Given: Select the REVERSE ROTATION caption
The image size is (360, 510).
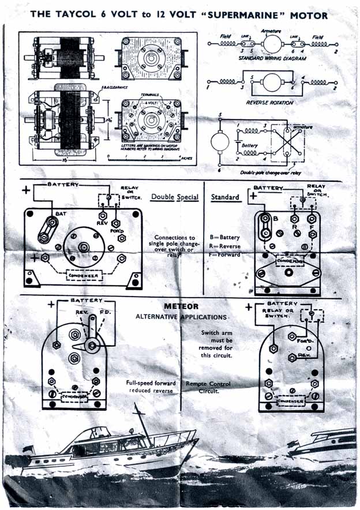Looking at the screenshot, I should click(270, 102).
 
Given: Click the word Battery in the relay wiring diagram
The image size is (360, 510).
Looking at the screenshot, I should click(250, 145).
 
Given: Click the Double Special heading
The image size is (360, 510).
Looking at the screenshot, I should click(175, 197).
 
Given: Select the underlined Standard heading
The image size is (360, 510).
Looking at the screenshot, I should click(225, 197).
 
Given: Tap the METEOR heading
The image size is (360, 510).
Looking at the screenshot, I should click(181, 306).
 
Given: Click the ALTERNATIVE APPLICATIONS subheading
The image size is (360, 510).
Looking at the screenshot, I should click(181, 317).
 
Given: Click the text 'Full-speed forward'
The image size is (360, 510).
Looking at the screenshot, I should click(151, 382).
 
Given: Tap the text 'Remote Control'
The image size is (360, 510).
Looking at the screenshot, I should click(208, 384).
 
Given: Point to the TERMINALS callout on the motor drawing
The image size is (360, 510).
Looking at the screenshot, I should click(149, 93).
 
